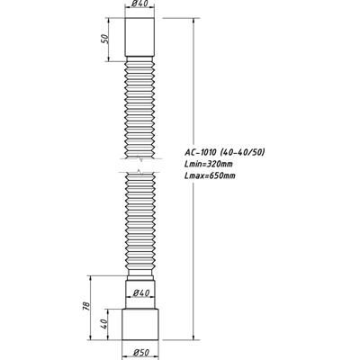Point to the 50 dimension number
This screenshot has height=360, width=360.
(103, 40)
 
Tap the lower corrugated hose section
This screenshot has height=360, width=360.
(139, 225)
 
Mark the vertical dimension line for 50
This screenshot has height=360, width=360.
(109, 38)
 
